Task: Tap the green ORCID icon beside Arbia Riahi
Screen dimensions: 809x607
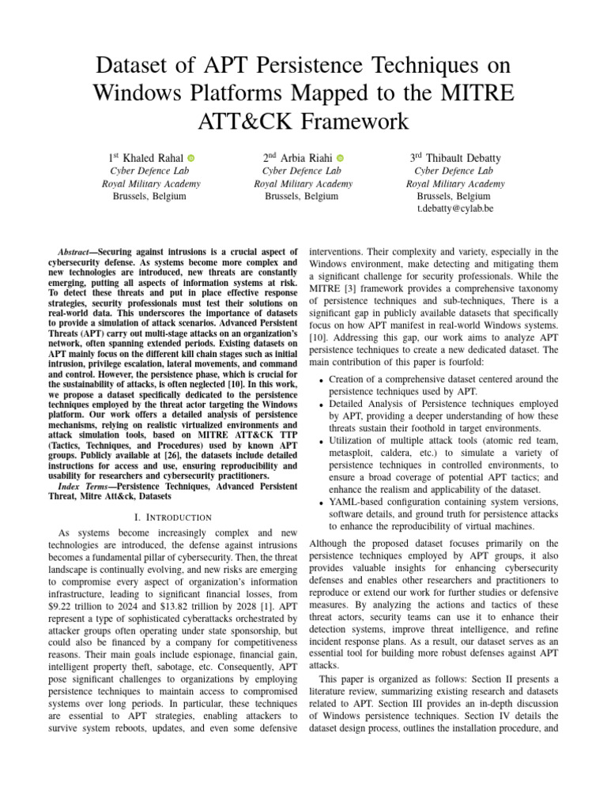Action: click(340, 159)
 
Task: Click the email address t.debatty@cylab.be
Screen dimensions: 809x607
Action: click(454, 209)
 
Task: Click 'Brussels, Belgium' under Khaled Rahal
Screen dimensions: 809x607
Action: click(150, 196)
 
